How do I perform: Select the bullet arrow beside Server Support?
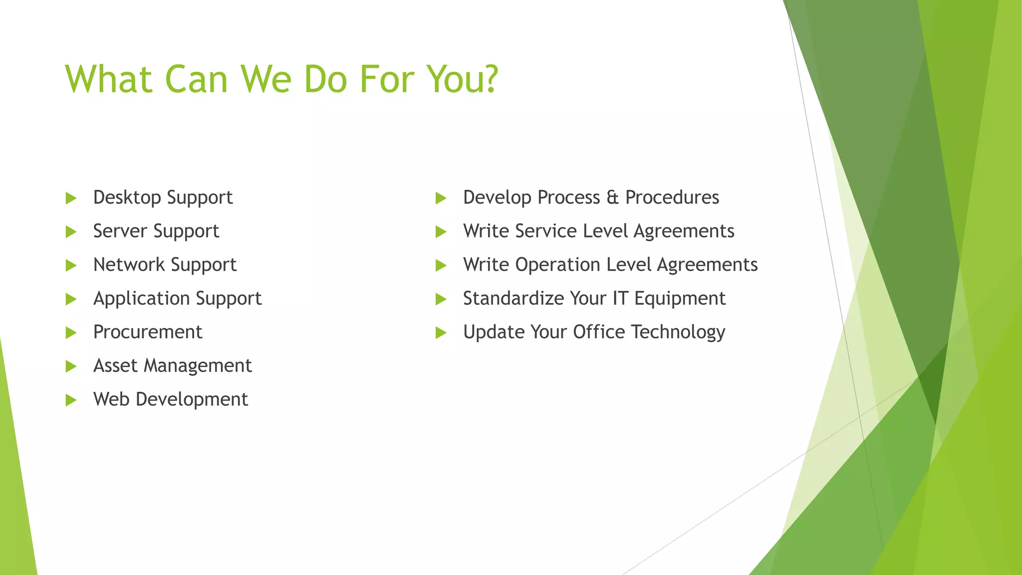coord(71,232)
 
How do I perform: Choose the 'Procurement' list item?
coord(148,332)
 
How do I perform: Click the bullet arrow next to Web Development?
coord(71,400)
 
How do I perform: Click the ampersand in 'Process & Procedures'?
coord(612,197)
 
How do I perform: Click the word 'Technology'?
coord(678,332)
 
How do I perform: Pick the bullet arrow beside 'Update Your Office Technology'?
coord(441,332)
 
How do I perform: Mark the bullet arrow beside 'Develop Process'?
coord(441,198)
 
